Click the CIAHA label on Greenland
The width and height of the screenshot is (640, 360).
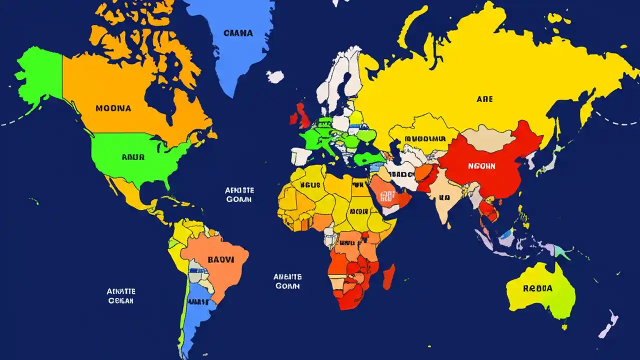point(238,33)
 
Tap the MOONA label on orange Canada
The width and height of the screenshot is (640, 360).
point(113,108)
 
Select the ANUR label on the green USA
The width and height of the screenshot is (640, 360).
point(133,157)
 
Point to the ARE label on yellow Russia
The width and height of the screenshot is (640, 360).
point(484,99)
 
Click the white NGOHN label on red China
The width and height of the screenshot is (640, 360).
point(481,166)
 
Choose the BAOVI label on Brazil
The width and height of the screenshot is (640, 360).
point(220,260)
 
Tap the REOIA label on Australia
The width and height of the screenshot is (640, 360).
point(537,288)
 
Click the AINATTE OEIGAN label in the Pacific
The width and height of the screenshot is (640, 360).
point(121,296)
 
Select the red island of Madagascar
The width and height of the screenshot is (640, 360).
point(389,276)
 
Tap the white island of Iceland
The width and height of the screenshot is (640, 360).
point(275,76)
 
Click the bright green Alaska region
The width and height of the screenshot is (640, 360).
point(40,75)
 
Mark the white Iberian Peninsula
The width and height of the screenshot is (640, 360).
point(302,156)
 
